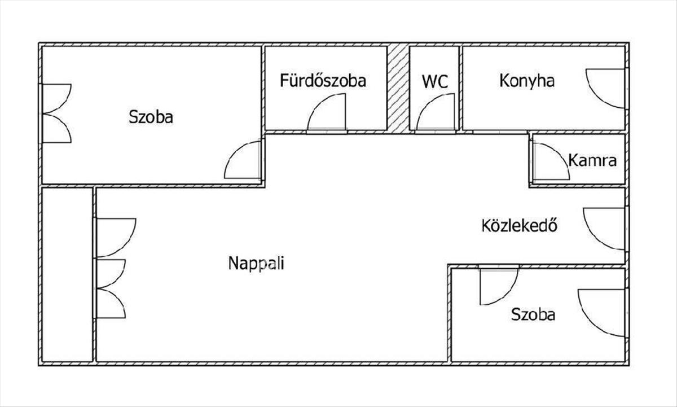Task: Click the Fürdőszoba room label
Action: [x=323, y=81]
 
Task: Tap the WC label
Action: [x=435, y=81]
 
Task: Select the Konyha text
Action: [x=527, y=81]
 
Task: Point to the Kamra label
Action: [x=592, y=160]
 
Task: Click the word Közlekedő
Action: [x=520, y=225]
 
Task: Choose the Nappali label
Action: [x=256, y=263]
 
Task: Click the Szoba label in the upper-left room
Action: [x=151, y=117]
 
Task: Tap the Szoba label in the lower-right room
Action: [x=533, y=314]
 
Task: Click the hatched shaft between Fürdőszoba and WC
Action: [x=398, y=88]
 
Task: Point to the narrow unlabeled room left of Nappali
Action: [x=67, y=274]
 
